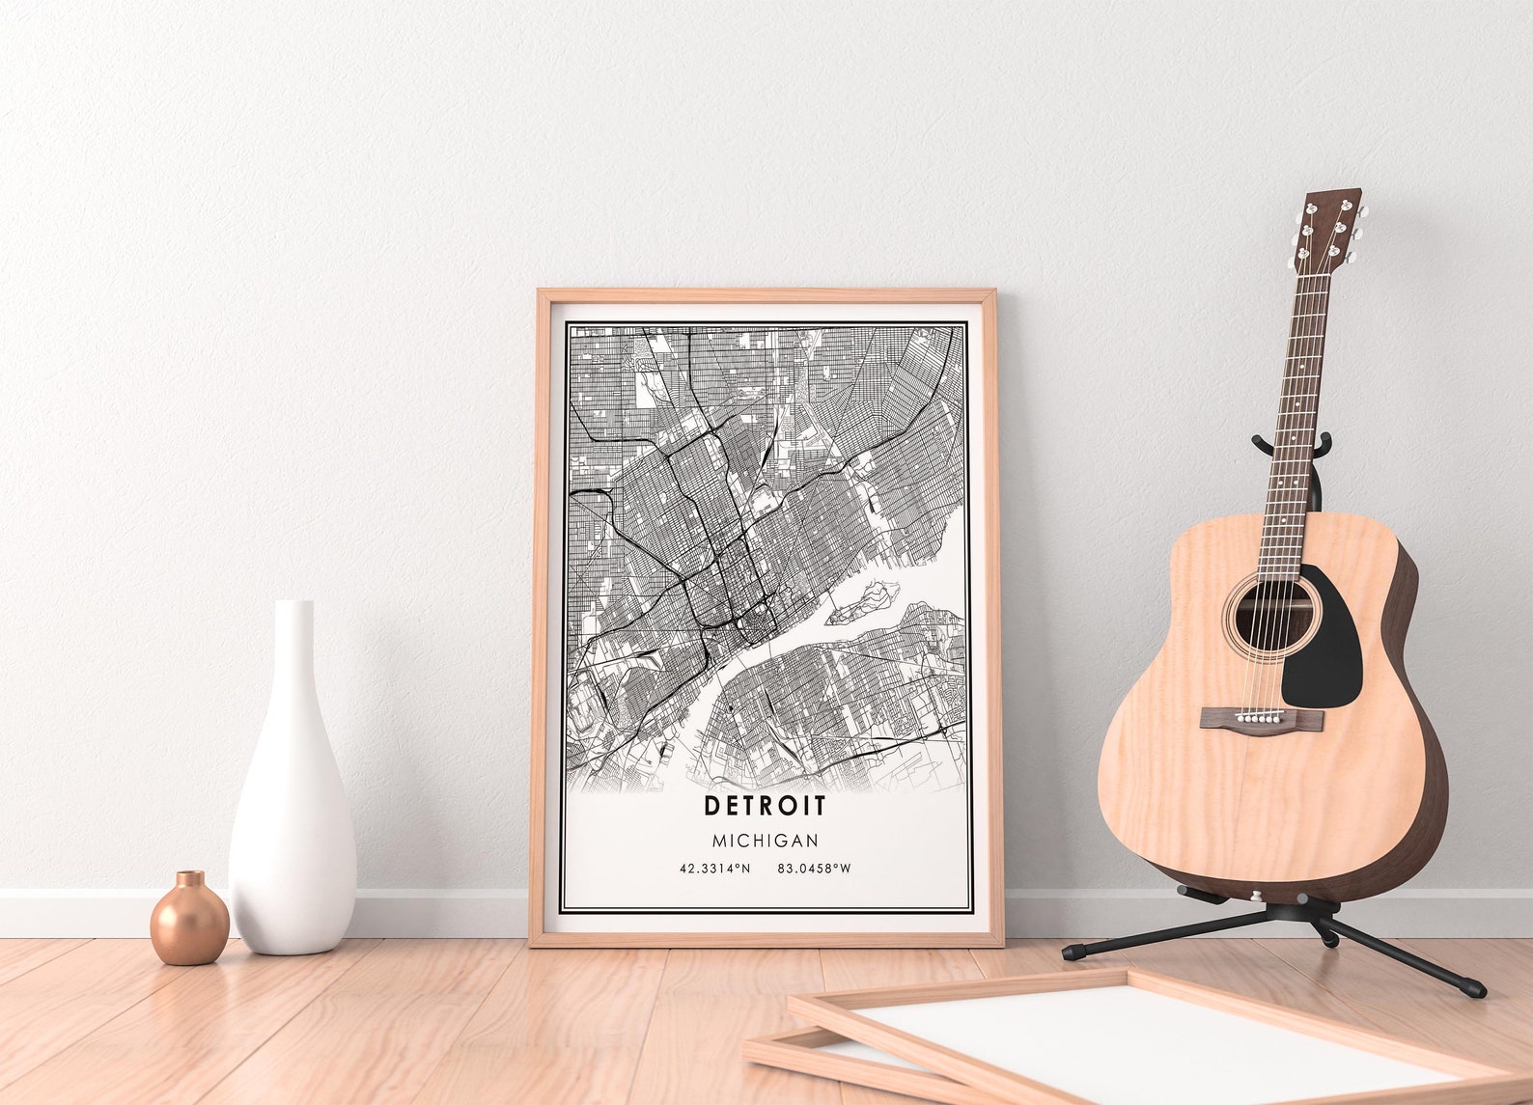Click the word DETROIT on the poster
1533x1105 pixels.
click(765, 805)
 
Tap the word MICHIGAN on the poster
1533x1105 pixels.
click(765, 841)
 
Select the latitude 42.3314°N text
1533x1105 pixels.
click(714, 869)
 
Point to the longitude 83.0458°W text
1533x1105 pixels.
click(814, 869)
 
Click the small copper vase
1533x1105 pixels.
click(189, 924)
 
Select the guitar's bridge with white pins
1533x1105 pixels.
click(1262, 718)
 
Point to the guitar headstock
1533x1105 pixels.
click(1330, 228)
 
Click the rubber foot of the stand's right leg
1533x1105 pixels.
click(1473, 989)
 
